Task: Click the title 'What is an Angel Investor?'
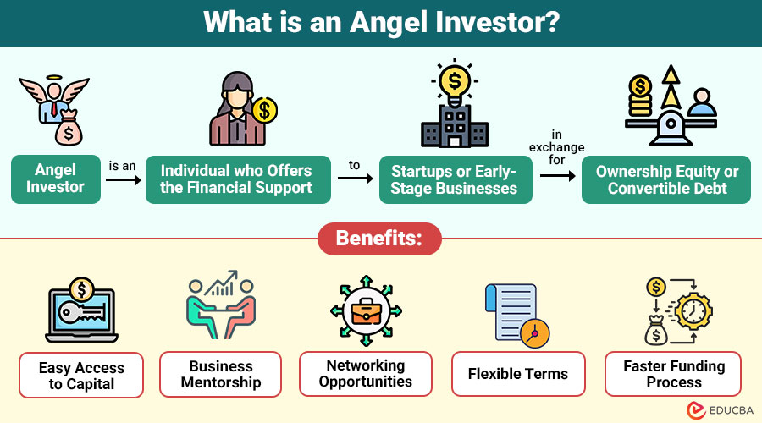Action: tap(380, 22)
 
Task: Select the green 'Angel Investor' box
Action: tap(56, 179)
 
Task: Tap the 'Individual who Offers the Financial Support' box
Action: tap(236, 179)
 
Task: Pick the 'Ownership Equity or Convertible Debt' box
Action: tap(666, 179)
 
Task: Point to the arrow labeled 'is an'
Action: tap(123, 179)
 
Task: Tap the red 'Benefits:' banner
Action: tap(379, 239)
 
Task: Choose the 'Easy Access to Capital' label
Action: tap(81, 376)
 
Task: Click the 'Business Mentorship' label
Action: tap(221, 374)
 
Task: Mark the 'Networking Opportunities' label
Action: tap(366, 374)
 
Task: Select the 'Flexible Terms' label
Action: tap(518, 374)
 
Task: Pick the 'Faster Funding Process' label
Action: tap(674, 374)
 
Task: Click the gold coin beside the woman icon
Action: tap(265, 109)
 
